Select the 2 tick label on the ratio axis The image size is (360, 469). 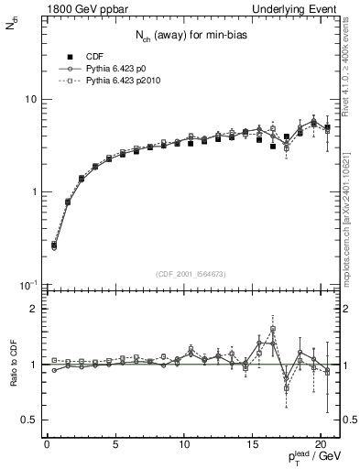[34, 309]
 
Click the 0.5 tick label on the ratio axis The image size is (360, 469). [30, 420]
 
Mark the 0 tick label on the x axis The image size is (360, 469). [47, 446]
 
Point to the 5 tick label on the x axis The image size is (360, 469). [115, 446]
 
